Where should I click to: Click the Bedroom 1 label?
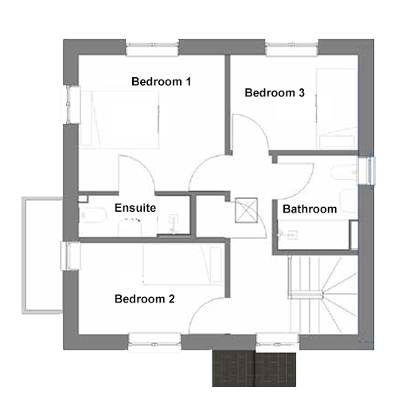161,81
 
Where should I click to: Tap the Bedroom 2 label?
145,299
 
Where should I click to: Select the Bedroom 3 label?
275,92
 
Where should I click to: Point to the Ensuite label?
135,208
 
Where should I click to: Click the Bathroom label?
310,209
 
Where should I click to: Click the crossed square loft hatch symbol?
246,210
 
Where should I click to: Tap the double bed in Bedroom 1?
120,120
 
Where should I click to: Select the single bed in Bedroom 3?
337,108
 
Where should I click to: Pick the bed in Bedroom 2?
183,264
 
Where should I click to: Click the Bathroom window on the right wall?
367,170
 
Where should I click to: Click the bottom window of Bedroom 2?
154,341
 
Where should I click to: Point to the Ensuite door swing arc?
145,165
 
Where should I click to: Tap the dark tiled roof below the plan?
254,369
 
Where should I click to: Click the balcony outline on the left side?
24,256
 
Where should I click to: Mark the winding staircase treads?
324,294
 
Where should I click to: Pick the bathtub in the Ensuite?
93,215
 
